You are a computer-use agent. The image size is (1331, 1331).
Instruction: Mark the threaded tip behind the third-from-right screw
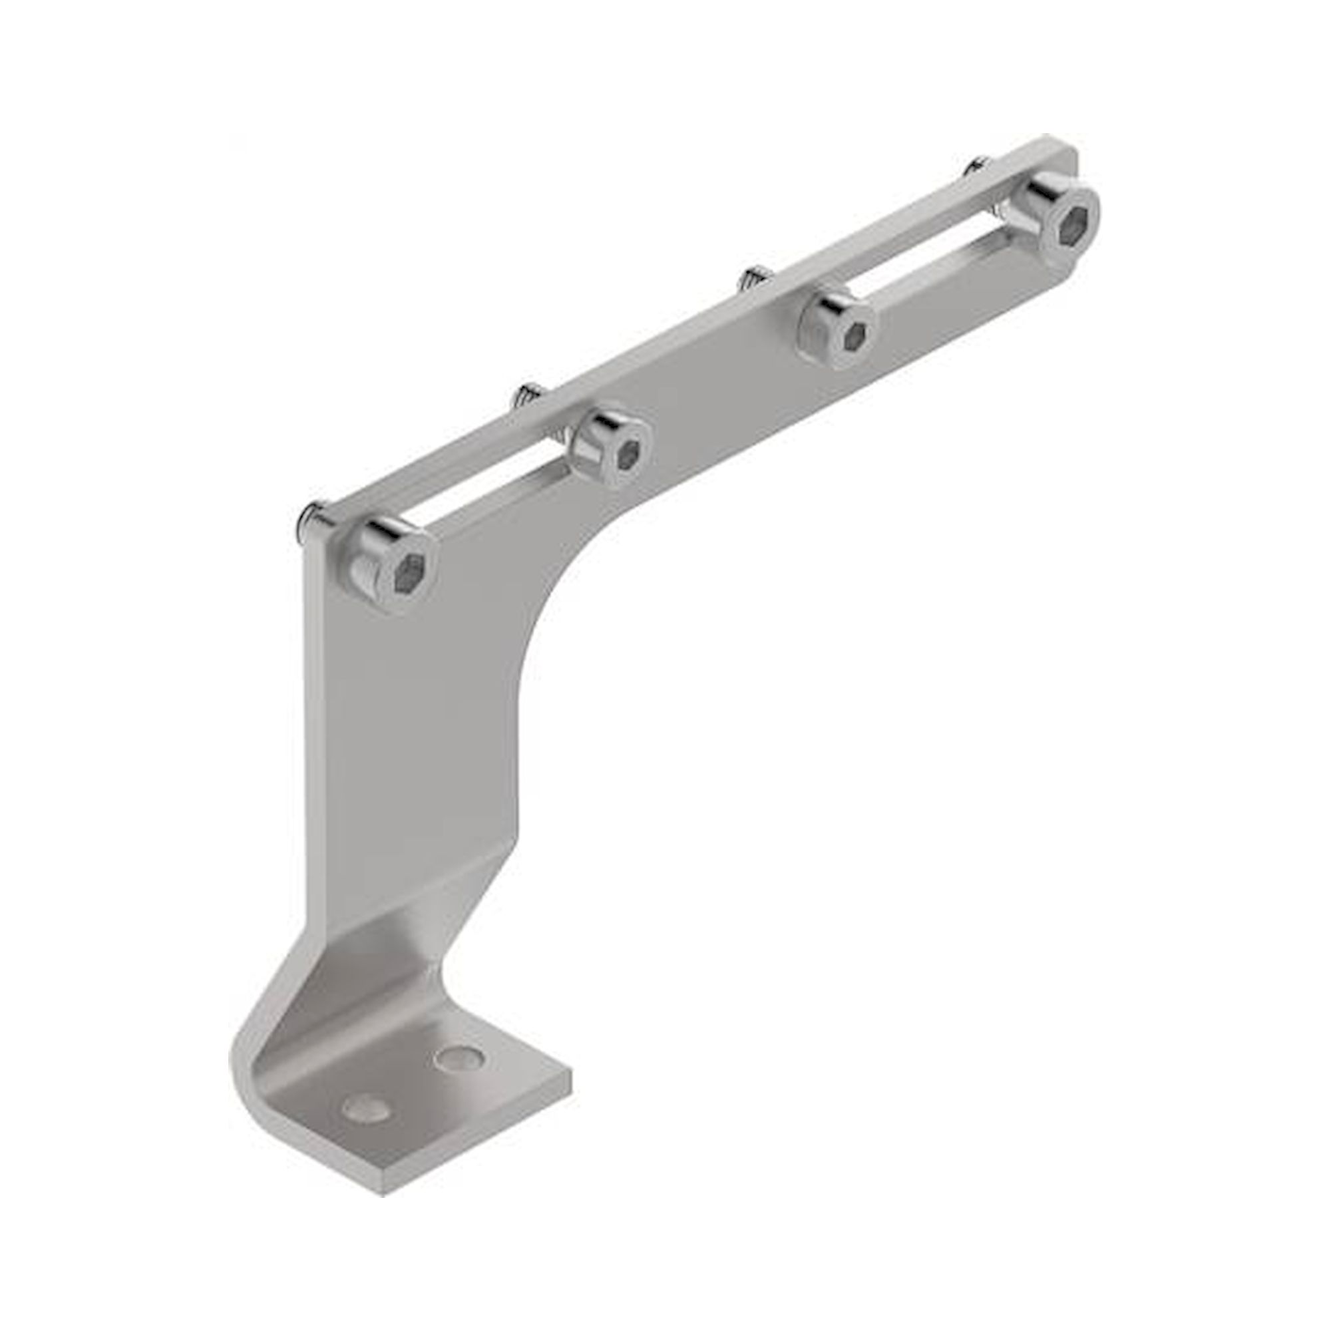[527, 396]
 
